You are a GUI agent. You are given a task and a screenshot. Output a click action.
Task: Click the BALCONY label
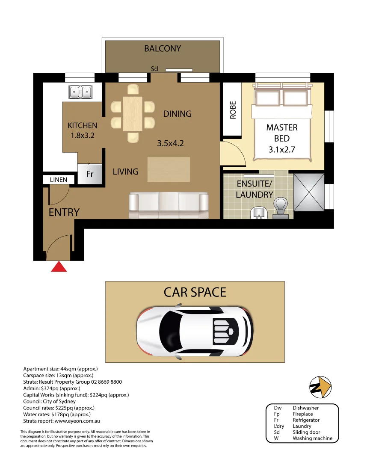coord(163,49)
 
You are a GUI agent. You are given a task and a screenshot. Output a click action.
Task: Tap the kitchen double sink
coord(80,92)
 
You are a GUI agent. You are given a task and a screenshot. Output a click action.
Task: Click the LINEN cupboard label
coord(58,180)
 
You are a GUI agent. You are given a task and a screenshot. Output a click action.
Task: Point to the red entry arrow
coord(59,267)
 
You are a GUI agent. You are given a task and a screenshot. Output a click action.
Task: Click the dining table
coord(133,113)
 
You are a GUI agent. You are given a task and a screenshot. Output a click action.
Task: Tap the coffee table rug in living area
coord(169,169)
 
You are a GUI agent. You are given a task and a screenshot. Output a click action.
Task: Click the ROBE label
coord(233,110)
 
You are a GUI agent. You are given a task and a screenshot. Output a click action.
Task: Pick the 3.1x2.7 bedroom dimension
coord(282,150)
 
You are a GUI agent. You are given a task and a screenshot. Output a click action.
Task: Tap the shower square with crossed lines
coord(309,192)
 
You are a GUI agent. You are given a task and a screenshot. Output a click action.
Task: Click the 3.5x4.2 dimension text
coord(170,144)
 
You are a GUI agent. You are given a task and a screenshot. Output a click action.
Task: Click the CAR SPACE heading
coord(195,292)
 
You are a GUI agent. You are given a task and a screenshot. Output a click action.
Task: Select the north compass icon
coord(320,388)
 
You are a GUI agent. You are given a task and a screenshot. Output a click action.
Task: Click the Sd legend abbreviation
coord(278,432)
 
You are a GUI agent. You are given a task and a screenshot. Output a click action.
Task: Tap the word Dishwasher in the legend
coord(305,408)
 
